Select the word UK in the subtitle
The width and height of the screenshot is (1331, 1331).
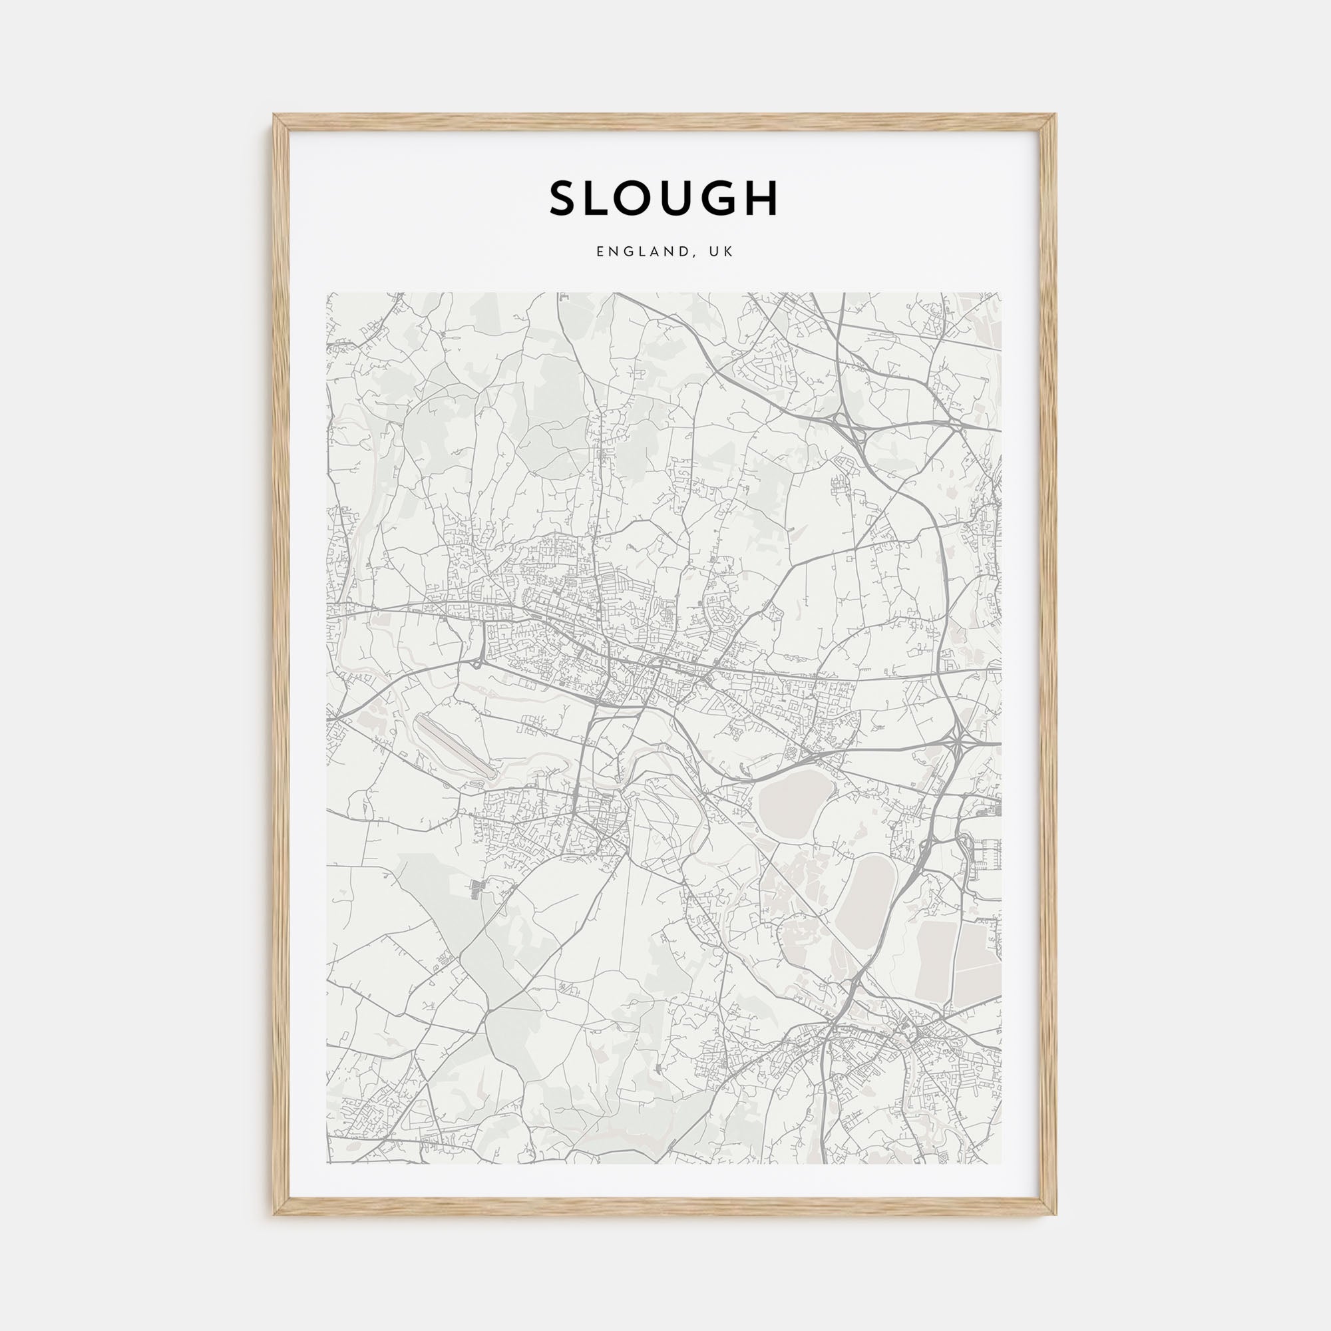723,252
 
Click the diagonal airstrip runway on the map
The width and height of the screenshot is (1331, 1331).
455,746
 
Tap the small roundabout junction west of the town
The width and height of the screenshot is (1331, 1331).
477,664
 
